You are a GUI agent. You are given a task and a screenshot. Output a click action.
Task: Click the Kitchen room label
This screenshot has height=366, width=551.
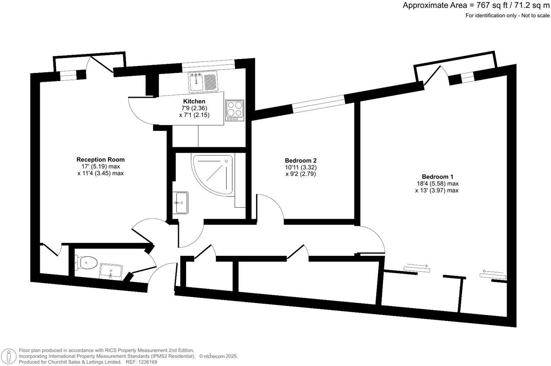tap(194, 101)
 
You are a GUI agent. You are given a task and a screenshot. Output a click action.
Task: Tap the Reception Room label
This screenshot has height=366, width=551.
tap(101, 160)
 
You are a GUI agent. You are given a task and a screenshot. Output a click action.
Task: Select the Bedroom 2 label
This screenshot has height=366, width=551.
tap(300, 161)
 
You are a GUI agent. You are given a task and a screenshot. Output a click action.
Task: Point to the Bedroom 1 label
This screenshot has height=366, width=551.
tap(437, 177)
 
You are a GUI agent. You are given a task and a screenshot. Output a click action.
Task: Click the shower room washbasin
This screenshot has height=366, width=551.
tap(182, 202)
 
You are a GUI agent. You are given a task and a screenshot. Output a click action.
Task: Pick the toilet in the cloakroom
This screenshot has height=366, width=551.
tap(86, 263)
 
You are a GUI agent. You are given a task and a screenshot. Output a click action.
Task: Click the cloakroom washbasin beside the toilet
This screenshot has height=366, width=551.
tap(111, 271)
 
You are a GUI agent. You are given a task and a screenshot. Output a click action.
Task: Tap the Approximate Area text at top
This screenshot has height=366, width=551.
tap(476, 6)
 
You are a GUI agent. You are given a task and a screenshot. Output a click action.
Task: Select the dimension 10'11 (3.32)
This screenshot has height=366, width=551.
tap(300, 167)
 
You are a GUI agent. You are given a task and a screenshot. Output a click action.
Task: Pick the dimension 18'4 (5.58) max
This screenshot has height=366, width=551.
tap(437, 183)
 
